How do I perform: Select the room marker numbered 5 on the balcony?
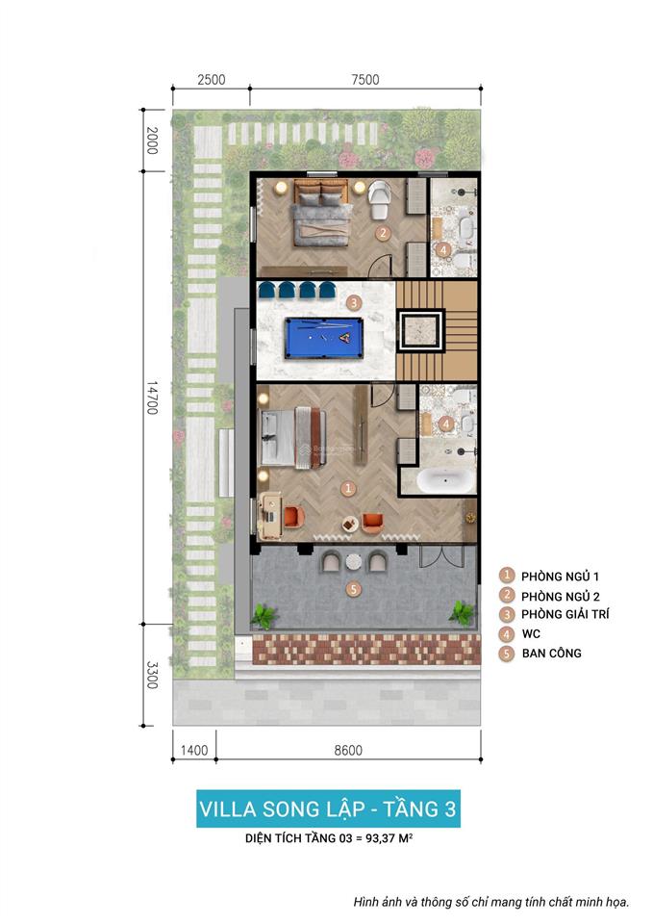tap(353, 588)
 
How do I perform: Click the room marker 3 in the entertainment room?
tap(353, 302)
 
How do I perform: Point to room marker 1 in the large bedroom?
tap(348, 488)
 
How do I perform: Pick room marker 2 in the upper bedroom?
tap(382, 233)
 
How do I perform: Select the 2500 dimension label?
tap(211, 80)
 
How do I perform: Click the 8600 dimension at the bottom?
tap(347, 751)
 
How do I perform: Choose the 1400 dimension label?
tap(194, 751)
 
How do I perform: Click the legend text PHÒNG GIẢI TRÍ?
tap(565, 614)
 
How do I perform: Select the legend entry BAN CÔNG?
tap(551, 654)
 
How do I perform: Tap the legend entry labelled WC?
tap(531, 634)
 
